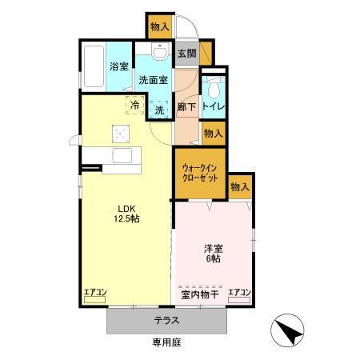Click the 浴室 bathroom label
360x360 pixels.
tap(119, 66)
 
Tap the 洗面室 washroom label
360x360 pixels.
tap(152, 80)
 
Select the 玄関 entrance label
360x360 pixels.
tap(186, 54)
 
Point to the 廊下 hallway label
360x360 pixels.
tap(186, 106)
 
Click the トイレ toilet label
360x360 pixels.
tap(214, 106)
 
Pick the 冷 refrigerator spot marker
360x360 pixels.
tap(134, 105)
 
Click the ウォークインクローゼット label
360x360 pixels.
tap(198, 173)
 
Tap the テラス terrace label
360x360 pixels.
tap(166, 321)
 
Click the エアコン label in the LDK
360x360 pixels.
tap(95, 294)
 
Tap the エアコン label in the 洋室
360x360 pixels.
tap(238, 294)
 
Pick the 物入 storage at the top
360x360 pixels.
tap(159, 26)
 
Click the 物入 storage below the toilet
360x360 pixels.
tap(213, 134)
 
